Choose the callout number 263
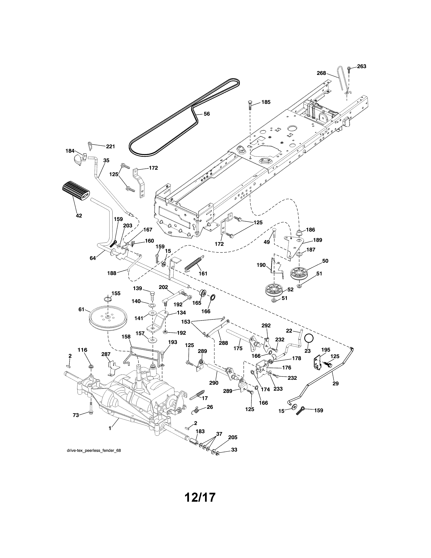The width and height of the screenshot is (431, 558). (x=361, y=66)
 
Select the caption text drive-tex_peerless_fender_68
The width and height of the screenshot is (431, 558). (x=94, y=450)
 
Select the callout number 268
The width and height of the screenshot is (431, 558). (x=321, y=73)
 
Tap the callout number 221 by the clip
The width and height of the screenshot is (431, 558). (x=110, y=146)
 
